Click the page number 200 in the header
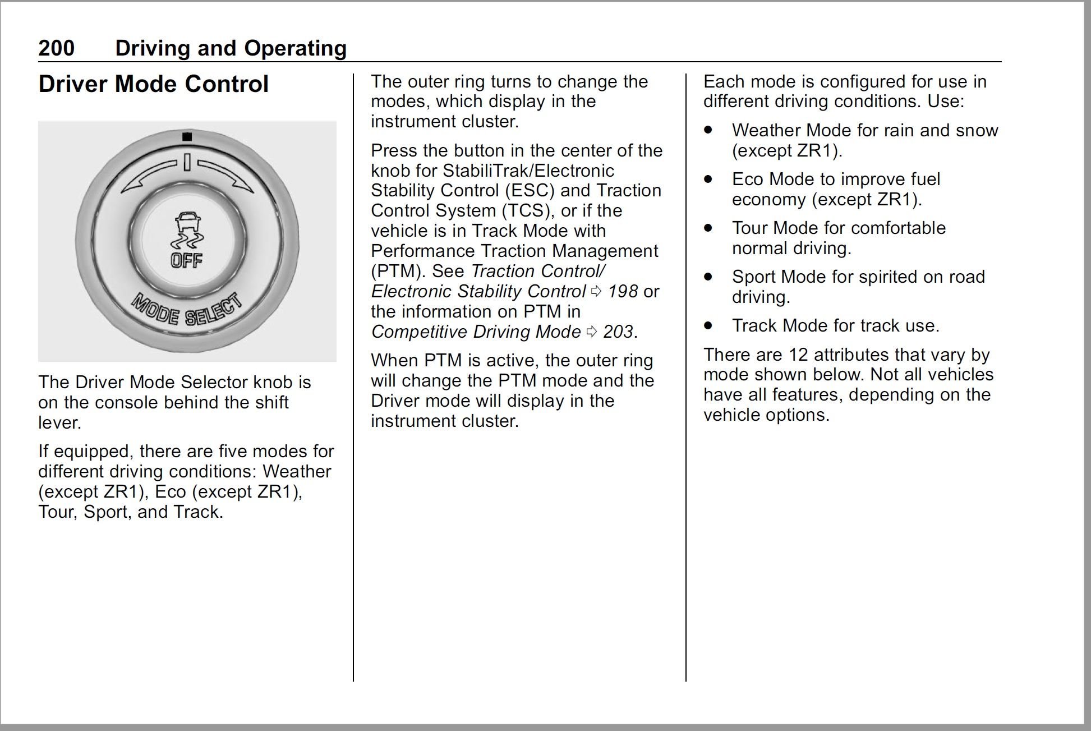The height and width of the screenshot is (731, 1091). (x=56, y=48)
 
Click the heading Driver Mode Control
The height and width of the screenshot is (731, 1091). (x=153, y=84)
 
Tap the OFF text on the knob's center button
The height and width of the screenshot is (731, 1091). (x=187, y=260)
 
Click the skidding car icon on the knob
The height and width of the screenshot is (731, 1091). (x=187, y=231)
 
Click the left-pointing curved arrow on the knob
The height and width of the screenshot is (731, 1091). (x=150, y=174)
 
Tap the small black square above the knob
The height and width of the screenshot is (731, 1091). (x=187, y=136)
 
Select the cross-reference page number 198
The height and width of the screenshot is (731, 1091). (x=623, y=291)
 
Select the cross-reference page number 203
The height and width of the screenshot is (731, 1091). (x=618, y=332)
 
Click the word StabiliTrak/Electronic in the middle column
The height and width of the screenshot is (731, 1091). (x=528, y=171)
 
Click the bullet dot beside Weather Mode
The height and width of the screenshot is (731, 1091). (x=709, y=130)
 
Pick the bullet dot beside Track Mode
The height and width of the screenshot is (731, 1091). (x=709, y=325)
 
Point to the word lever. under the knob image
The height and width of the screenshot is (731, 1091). (x=59, y=422)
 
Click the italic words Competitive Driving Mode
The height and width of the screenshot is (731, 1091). (x=476, y=332)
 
